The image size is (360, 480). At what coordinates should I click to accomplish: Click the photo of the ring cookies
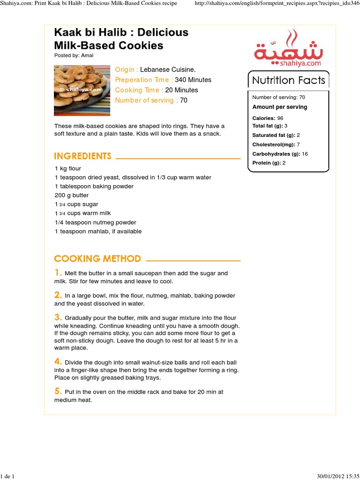coord(82,90)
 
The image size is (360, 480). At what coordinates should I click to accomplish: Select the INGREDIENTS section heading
coord(83,156)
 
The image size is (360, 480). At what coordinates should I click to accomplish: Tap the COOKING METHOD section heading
coord(97,258)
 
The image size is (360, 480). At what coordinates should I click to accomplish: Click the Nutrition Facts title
coord(288,80)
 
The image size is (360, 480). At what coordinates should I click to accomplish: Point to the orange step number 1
coord(58,273)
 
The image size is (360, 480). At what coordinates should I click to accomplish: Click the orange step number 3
coord(58,317)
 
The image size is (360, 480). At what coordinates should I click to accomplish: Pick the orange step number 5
coord(58,391)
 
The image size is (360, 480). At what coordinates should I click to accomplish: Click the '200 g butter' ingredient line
coord(72,195)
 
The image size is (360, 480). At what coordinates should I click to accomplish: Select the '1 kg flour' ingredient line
coord(68,168)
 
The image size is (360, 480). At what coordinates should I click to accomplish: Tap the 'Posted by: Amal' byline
coord(74,55)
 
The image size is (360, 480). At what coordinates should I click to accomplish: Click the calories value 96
coord(280,118)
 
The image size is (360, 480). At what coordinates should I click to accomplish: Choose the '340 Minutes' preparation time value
coord(193,80)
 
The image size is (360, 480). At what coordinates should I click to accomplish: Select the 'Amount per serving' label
coord(280,107)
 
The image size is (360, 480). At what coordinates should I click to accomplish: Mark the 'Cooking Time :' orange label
coord(139,90)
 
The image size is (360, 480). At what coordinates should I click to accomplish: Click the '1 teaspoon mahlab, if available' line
coord(98,231)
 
